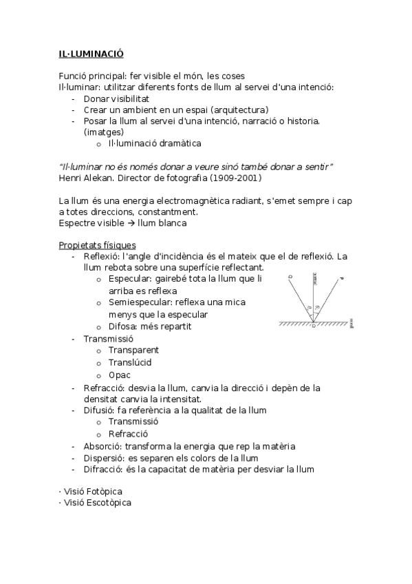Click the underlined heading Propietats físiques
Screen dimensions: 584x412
point(97,245)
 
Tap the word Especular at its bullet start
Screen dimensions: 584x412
point(131,279)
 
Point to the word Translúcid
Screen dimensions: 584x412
point(130,362)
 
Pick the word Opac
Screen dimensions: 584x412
point(120,375)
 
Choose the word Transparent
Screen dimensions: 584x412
point(133,351)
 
